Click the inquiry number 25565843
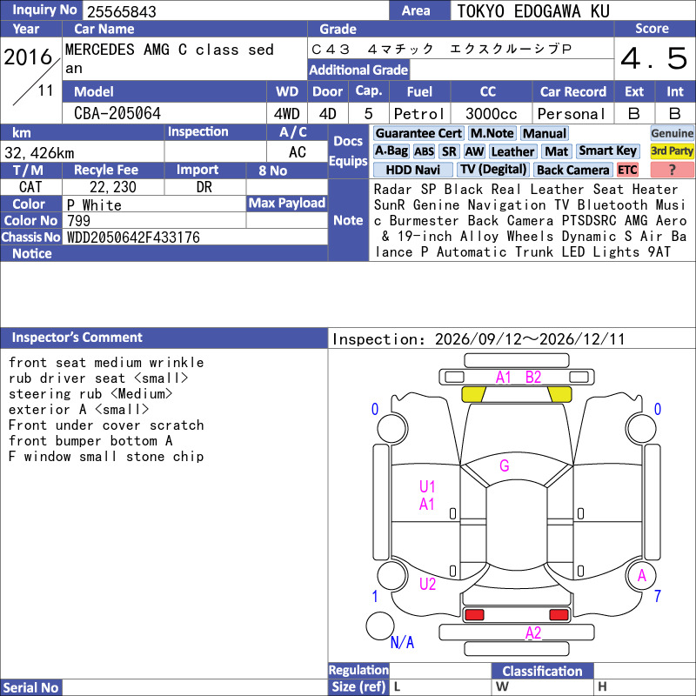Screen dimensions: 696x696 pyautogui.click(x=122, y=11)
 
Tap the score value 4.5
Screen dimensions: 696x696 pyautogui.click(x=654, y=58)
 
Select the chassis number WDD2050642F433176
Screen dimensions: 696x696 pyautogui.click(x=133, y=238)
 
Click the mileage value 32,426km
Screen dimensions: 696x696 pyautogui.click(x=39, y=153)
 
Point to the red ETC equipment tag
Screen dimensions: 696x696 pyautogui.click(x=627, y=170)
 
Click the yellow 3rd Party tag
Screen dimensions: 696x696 pyautogui.click(x=672, y=151)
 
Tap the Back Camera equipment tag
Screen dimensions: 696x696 pyautogui.click(x=572, y=170)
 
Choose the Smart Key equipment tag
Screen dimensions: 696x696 pyautogui.click(x=607, y=151)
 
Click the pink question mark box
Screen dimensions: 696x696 pyautogui.click(x=672, y=170)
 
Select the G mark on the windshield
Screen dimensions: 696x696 pyautogui.click(x=505, y=465)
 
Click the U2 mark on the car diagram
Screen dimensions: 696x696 pyautogui.click(x=427, y=584)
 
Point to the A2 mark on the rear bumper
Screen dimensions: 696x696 pyautogui.click(x=533, y=632)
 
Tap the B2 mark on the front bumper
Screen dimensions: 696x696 pyautogui.click(x=533, y=378)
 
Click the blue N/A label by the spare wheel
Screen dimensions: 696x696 pyautogui.click(x=402, y=642)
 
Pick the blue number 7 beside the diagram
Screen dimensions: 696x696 pyautogui.click(x=658, y=596)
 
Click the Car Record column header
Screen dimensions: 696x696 pyautogui.click(x=573, y=91)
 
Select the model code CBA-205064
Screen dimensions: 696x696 pyautogui.click(x=117, y=113)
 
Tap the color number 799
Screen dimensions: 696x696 pyautogui.click(x=78, y=221)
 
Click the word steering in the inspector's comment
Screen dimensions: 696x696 pyautogui.click(x=39, y=394)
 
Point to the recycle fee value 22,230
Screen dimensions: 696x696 pyautogui.click(x=113, y=187)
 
